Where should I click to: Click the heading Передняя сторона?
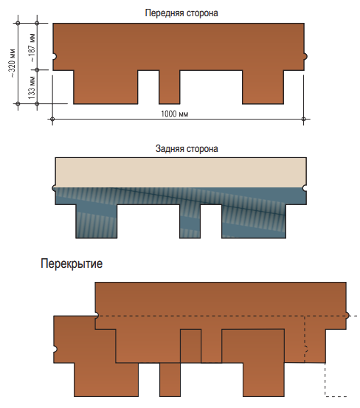point(181,13)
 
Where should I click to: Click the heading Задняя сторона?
point(187,148)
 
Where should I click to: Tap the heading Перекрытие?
point(72,263)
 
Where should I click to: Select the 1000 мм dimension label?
point(174,114)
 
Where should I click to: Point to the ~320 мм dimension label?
point(12,63)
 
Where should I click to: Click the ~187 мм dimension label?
point(32,48)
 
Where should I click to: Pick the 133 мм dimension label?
point(32,87)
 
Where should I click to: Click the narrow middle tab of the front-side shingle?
point(170,87)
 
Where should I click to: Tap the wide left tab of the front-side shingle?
point(105,87)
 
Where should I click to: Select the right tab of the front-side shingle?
point(263,87)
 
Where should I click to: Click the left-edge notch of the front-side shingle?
point(55,57)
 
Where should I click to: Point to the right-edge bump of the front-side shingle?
point(305,56)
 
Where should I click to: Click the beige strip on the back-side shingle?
point(181,172)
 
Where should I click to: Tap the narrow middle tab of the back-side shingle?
point(190,221)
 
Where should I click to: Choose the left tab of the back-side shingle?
point(97,221)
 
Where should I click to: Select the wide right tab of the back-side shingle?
point(254,221)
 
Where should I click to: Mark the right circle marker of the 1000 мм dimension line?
point(303,120)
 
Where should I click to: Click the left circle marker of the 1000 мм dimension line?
point(52,120)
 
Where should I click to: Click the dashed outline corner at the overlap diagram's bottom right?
point(325,396)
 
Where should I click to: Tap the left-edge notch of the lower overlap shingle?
point(55,349)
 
